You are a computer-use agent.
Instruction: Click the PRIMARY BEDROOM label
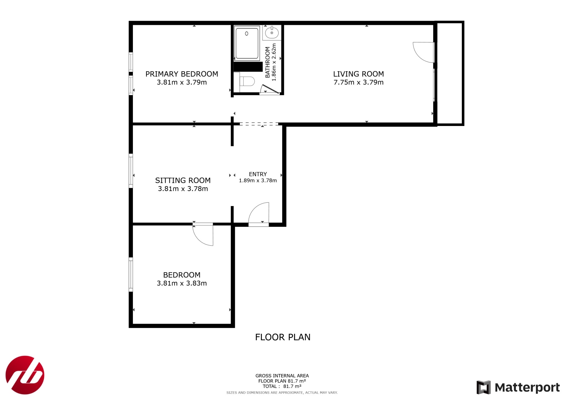coord(182,74)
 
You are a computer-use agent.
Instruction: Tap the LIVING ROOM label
coord(358,74)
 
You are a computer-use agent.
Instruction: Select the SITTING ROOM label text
coord(183,180)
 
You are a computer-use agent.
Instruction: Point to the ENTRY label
coord(258,174)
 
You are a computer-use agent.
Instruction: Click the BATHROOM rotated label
coord(268,62)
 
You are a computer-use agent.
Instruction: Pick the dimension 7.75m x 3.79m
coord(358,82)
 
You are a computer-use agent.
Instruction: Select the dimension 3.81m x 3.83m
coord(182,283)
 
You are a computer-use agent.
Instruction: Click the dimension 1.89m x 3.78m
coord(258,181)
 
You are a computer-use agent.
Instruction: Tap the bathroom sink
coord(272,33)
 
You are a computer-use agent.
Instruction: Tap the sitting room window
coord(131,171)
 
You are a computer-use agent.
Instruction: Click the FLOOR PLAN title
coord(283,337)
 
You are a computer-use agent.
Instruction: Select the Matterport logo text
coord(527,388)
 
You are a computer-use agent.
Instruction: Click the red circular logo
coord(25,375)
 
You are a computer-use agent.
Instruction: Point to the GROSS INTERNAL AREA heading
coord(282,376)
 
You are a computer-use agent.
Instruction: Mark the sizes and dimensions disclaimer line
coord(282,393)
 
